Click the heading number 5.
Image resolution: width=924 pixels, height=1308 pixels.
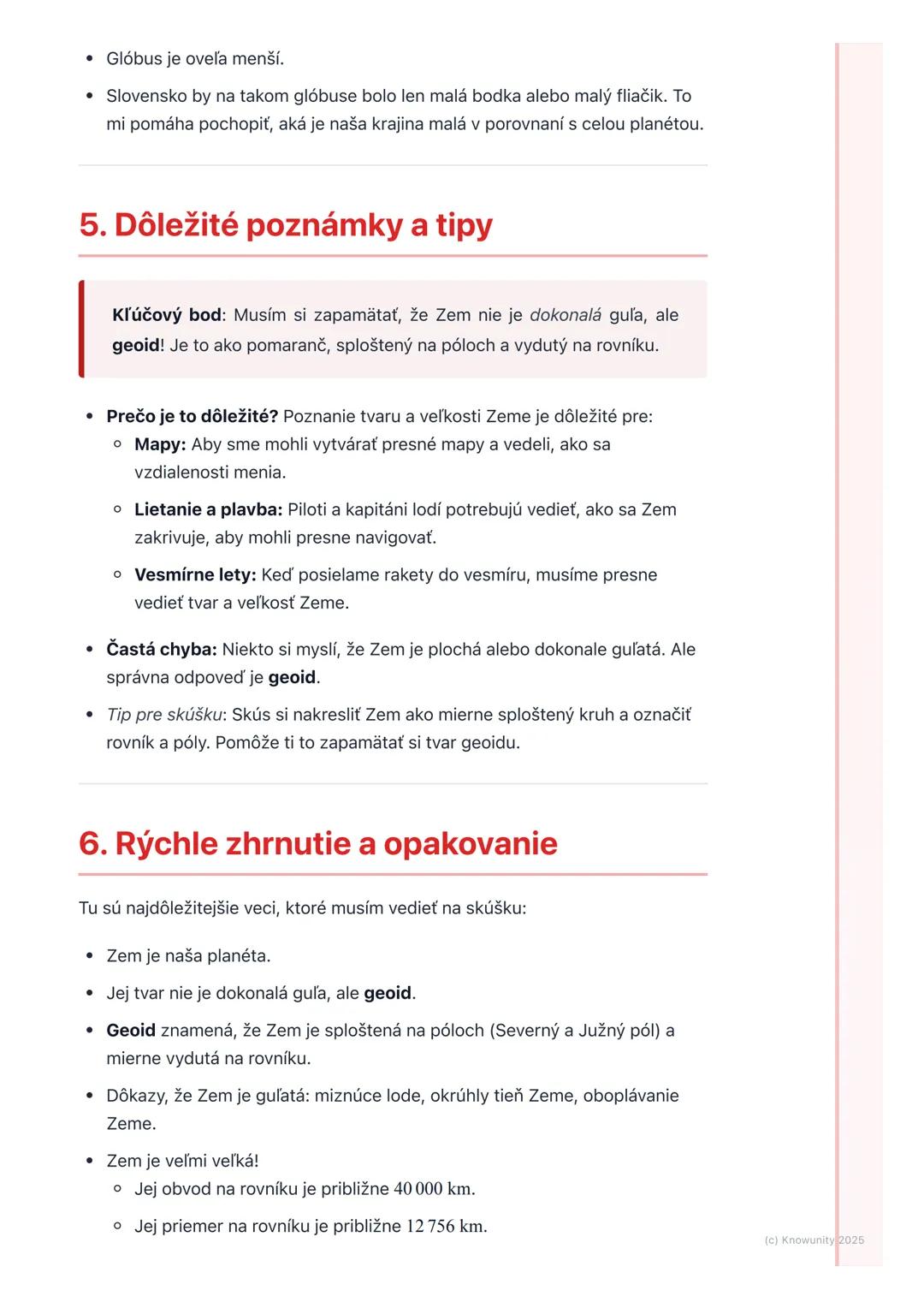point(92,225)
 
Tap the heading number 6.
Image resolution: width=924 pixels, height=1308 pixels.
point(92,843)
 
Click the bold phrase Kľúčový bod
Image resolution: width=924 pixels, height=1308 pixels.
point(167,315)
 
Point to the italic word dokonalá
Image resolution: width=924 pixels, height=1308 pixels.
point(565,315)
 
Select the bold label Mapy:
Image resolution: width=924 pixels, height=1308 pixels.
point(160,444)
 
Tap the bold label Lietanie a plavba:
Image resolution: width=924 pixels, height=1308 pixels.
point(208,509)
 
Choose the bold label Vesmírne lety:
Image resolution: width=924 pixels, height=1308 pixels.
point(195,574)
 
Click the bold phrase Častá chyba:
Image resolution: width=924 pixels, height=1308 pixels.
point(162,650)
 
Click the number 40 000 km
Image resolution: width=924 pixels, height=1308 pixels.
point(434,1189)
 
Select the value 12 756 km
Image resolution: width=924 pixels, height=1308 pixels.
point(446,1227)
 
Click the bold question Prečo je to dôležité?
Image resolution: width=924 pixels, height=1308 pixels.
point(192,417)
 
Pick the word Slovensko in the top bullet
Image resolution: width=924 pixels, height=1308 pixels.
point(144,96)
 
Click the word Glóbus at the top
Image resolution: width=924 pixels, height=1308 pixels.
point(134,59)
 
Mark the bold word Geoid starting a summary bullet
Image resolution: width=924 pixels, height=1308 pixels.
point(131,1031)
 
